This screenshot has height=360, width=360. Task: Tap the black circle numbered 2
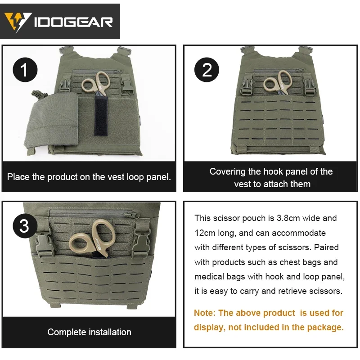(x=207, y=70)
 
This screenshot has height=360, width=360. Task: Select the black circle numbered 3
(x=24, y=225)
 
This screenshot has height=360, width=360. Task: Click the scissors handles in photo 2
(x=277, y=83)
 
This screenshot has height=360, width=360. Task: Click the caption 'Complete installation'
(x=90, y=332)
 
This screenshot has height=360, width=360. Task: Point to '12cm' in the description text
(x=205, y=233)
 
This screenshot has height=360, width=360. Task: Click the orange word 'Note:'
(x=205, y=313)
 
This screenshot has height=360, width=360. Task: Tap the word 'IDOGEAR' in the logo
(x=74, y=22)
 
